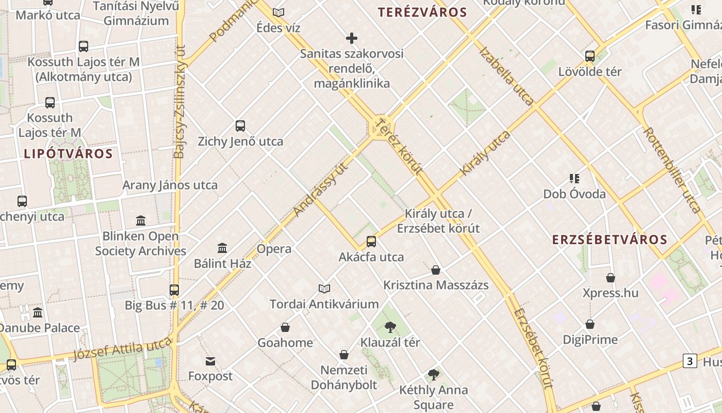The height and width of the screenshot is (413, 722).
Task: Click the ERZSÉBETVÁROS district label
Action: pyautogui.click(x=610, y=240)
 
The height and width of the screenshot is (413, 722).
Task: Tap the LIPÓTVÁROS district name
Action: pyautogui.click(x=68, y=153)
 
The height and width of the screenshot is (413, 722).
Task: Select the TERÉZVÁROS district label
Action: pyautogui.click(x=422, y=12)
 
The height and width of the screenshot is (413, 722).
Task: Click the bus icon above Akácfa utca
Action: pyautogui.click(x=371, y=241)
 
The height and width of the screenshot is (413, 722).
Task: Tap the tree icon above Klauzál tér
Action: pyautogui.click(x=390, y=327)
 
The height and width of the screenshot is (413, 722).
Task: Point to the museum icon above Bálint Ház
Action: pyautogui.click(x=222, y=248)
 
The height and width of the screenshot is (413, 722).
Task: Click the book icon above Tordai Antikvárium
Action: pyautogui.click(x=324, y=289)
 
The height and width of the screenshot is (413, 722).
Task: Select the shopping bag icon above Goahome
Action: pyautogui.click(x=285, y=327)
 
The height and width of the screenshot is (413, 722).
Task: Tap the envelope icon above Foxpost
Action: pyautogui.click(x=210, y=361)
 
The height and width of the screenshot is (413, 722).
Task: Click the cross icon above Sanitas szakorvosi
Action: pyautogui.click(x=352, y=38)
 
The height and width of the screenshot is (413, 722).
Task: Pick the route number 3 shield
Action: pyautogui.click(x=690, y=361)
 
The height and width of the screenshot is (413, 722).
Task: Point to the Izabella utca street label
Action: pyautogui.click(x=506, y=75)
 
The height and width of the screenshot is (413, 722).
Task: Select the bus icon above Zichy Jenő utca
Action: pyautogui.click(x=240, y=125)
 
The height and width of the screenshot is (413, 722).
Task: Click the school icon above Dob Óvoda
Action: pyautogui.click(x=575, y=179)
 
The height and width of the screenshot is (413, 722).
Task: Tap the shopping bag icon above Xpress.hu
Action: pyautogui.click(x=611, y=278)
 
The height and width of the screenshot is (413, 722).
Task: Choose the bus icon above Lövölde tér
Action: pyautogui.click(x=590, y=56)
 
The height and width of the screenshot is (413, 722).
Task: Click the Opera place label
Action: pyautogui.click(x=274, y=249)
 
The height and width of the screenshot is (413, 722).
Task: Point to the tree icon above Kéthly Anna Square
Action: pyautogui.click(x=434, y=375)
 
